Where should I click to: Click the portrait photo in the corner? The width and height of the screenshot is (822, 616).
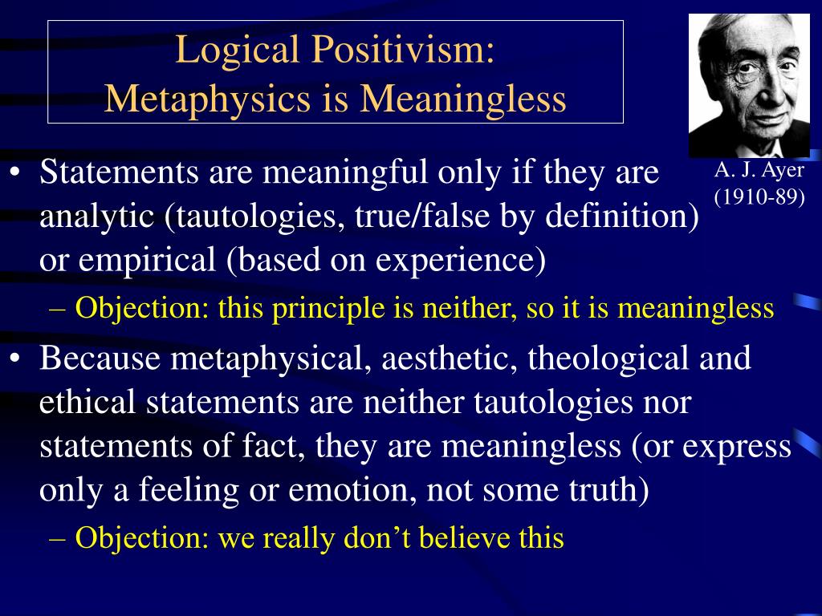[x=749, y=85]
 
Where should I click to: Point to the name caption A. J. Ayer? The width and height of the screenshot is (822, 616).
[x=758, y=171]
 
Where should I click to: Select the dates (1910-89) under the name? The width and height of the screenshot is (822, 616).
[x=758, y=197]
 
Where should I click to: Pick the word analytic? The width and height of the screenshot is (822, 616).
[x=90, y=217]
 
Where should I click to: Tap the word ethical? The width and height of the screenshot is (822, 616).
[x=88, y=402]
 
